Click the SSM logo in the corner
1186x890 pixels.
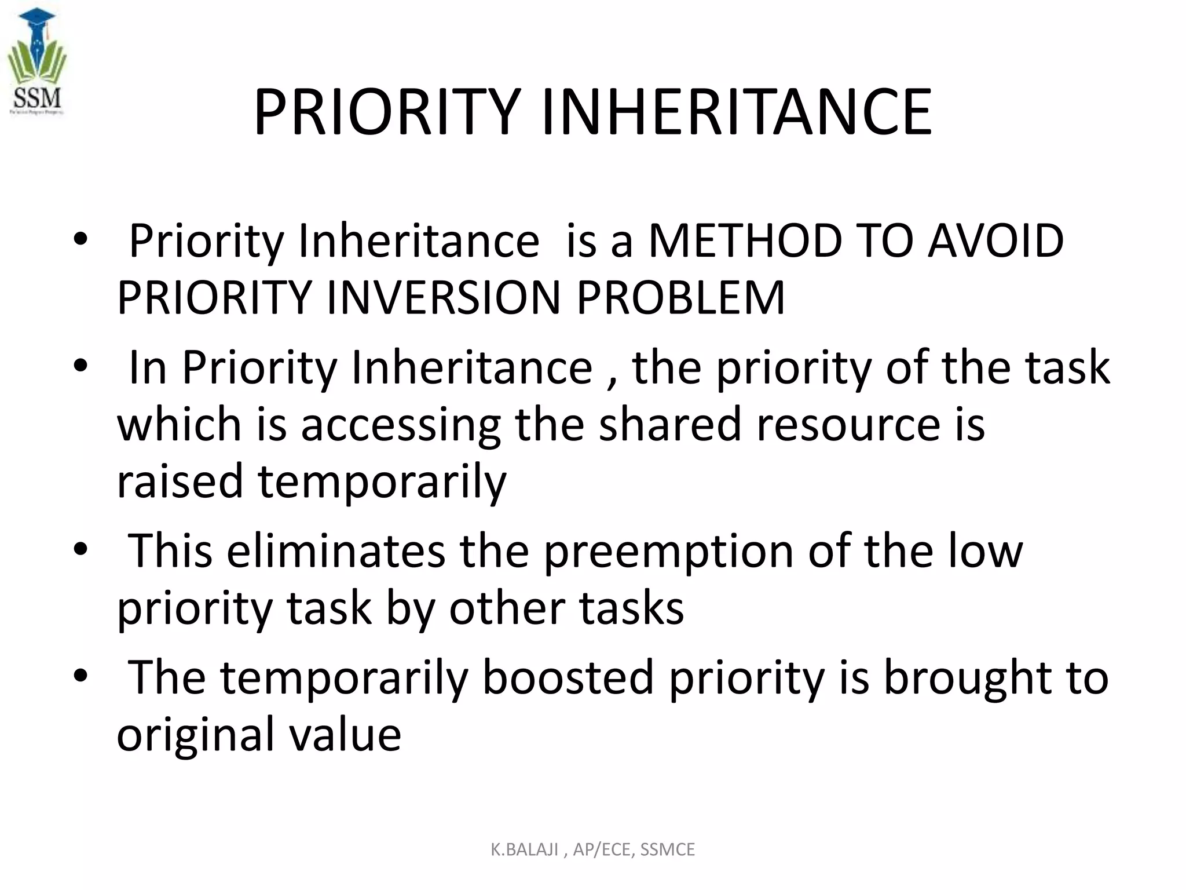click(36, 63)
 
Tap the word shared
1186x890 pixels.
click(670, 424)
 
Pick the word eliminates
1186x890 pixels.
click(336, 551)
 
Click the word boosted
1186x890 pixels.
click(568, 677)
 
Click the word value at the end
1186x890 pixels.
click(345, 735)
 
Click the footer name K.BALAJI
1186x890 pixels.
click(524, 849)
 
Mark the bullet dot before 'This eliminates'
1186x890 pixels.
click(80, 549)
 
